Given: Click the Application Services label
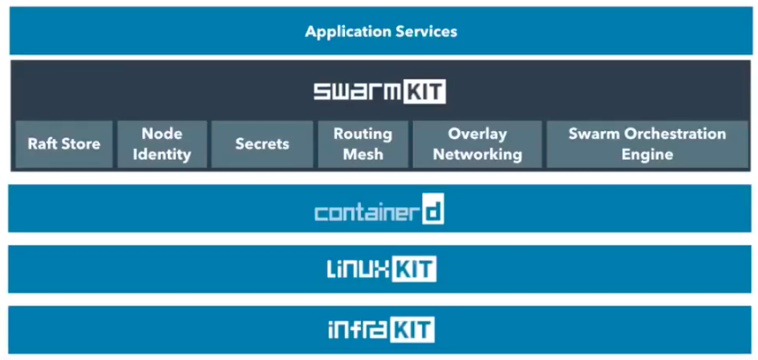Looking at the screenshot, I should [381, 31].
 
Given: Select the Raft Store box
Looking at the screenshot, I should [64, 143].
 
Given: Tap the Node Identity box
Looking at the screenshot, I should [162, 143].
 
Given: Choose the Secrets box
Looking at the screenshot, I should [262, 143].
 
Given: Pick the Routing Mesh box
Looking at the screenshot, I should [363, 143].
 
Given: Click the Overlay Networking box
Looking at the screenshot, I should [477, 143].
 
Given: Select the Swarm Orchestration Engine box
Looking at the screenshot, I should [647, 143].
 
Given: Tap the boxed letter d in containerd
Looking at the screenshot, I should [433, 212].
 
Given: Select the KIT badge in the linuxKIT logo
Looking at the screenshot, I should [415, 269].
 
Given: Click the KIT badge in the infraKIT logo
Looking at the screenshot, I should [412, 330].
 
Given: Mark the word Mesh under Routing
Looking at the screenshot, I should [363, 154].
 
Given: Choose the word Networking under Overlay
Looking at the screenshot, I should [477, 154].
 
